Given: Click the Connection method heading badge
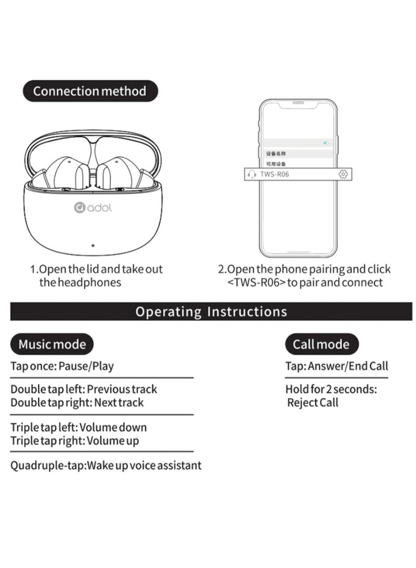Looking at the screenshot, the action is pyautogui.click(x=90, y=91).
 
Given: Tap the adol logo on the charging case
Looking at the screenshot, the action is pyautogui.click(x=93, y=208).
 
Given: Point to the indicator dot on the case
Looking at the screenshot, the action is pyautogui.click(x=93, y=246).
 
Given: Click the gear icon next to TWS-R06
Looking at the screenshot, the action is pyautogui.click(x=343, y=174).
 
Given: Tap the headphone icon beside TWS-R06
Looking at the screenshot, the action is pyautogui.click(x=252, y=175).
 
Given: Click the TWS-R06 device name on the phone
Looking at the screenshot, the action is pyautogui.click(x=275, y=174).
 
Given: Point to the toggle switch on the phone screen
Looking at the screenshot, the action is pyautogui.click(x=326, y=143).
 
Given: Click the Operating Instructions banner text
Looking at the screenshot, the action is pyautogui.click(x=211, y=312).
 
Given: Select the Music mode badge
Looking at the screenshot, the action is pyautogui.click(x=52, y=344).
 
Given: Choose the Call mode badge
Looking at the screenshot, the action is pyautogui.click(x=321, y=344).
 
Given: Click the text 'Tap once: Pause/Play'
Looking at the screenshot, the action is pyautogui.click(x=62, y=366).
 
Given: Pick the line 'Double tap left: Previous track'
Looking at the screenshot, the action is pyautogui.click(x=84, y=390).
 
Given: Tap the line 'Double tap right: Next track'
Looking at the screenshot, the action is pyautogui.click(x=77, y=403).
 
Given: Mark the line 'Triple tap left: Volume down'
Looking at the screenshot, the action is pyautogui.click(x=79, y=428).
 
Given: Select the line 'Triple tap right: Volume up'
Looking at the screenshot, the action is pyautogui.click(x=74, y=441).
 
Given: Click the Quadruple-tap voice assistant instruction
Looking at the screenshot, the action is pyautogui.click(x=106, y=466).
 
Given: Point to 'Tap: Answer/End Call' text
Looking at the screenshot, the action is pyautogui.click(x=337, y=366).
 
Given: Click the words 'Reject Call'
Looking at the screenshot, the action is pyautogui.click(x=313, y=403).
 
